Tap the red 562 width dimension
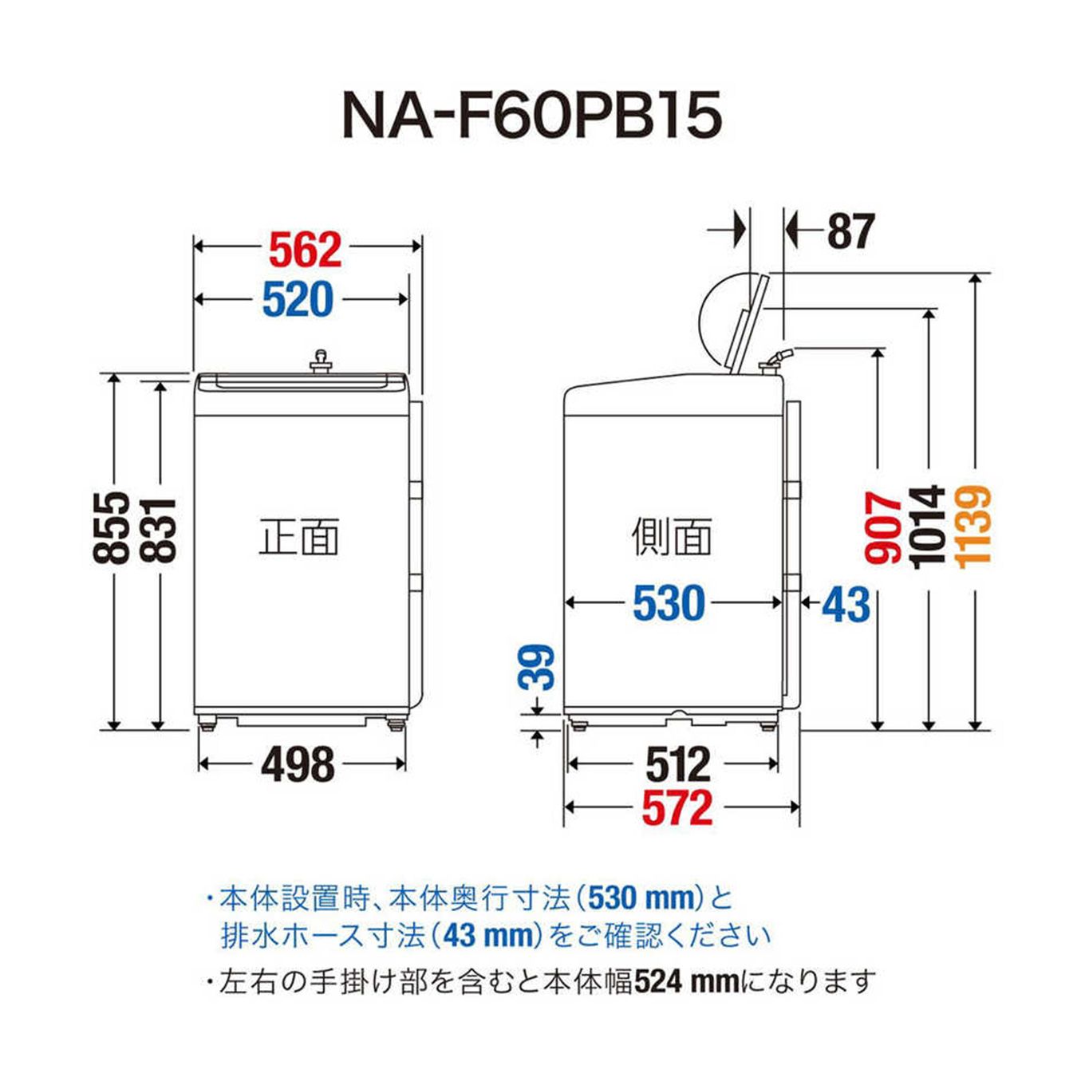coord(306,250)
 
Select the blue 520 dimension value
coord(298,300)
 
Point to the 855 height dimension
coord(112,527)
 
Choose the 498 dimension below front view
coord(298,764)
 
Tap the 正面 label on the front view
coord(299,536)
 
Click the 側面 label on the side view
coord(672,536)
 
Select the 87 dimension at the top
coord(850,231)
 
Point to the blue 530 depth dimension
coord(669,603)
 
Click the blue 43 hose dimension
coord(846,605)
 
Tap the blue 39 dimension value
coord(536,667)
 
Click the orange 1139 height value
coord(974,527)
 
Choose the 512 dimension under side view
coord(677,764)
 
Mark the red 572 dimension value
coord(677,807)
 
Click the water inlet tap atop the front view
coord(321,361)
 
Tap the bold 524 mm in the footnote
coord(687,982)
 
